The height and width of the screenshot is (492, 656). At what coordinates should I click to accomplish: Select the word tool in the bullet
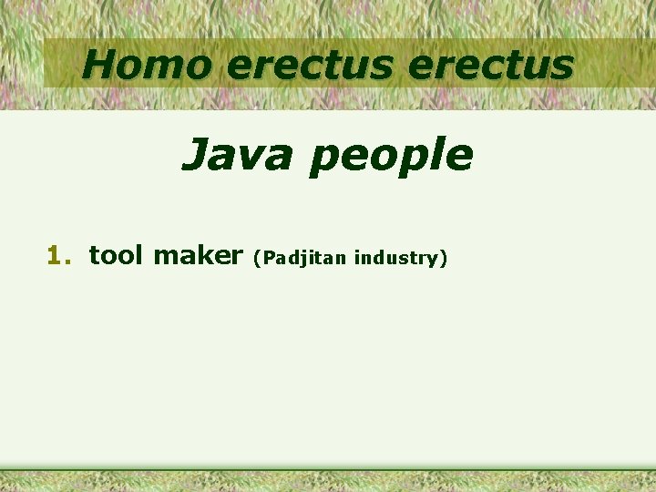click(116, 255)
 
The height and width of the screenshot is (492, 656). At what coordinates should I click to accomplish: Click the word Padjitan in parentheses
click(304, 259)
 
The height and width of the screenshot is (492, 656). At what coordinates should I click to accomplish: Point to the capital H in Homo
click(99, 64)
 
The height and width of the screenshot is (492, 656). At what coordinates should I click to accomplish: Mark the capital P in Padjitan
click(270, 258)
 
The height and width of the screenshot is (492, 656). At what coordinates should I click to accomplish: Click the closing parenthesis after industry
click(444, 259)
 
